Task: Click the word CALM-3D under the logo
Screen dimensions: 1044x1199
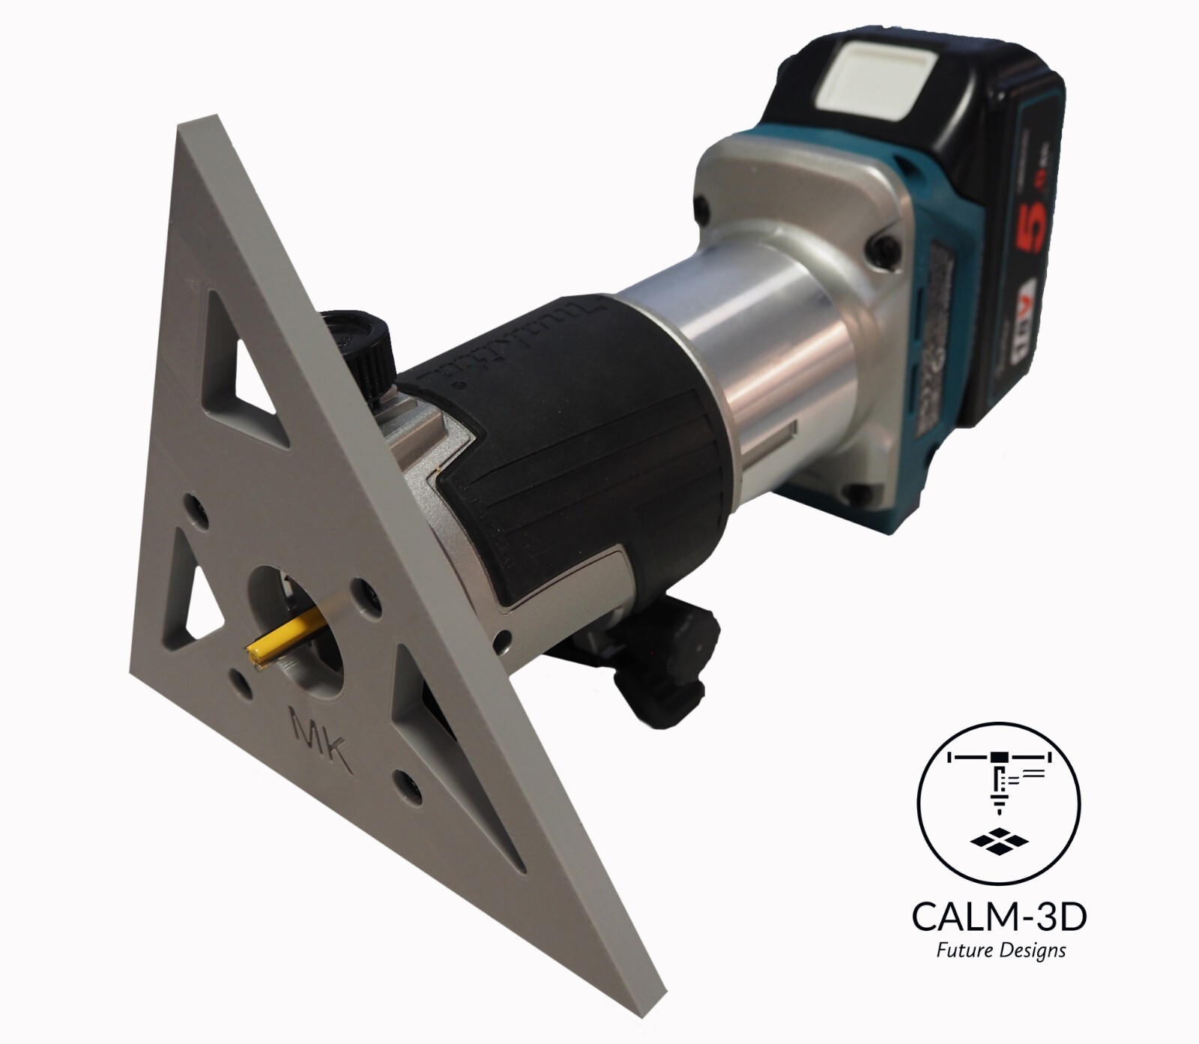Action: (x=1000, y=917)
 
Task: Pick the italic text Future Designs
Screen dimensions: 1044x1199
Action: (x=1000, y=951)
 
